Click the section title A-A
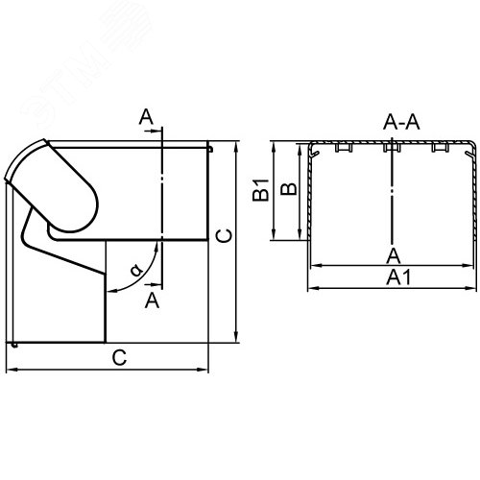coord(401,122)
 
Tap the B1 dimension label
coord(260,190)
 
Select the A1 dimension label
coord(398,277)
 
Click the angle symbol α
coord(136,270)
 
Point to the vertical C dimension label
coord(224,236)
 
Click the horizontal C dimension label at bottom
coord(119,358)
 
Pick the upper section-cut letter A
coord(146,117)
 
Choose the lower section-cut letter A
coord(152,300)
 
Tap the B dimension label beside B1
coord(289,189)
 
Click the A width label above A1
coord(394,255)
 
